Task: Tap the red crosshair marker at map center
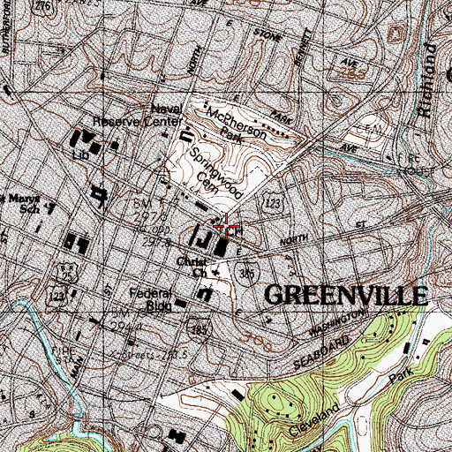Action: [228, 229]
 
